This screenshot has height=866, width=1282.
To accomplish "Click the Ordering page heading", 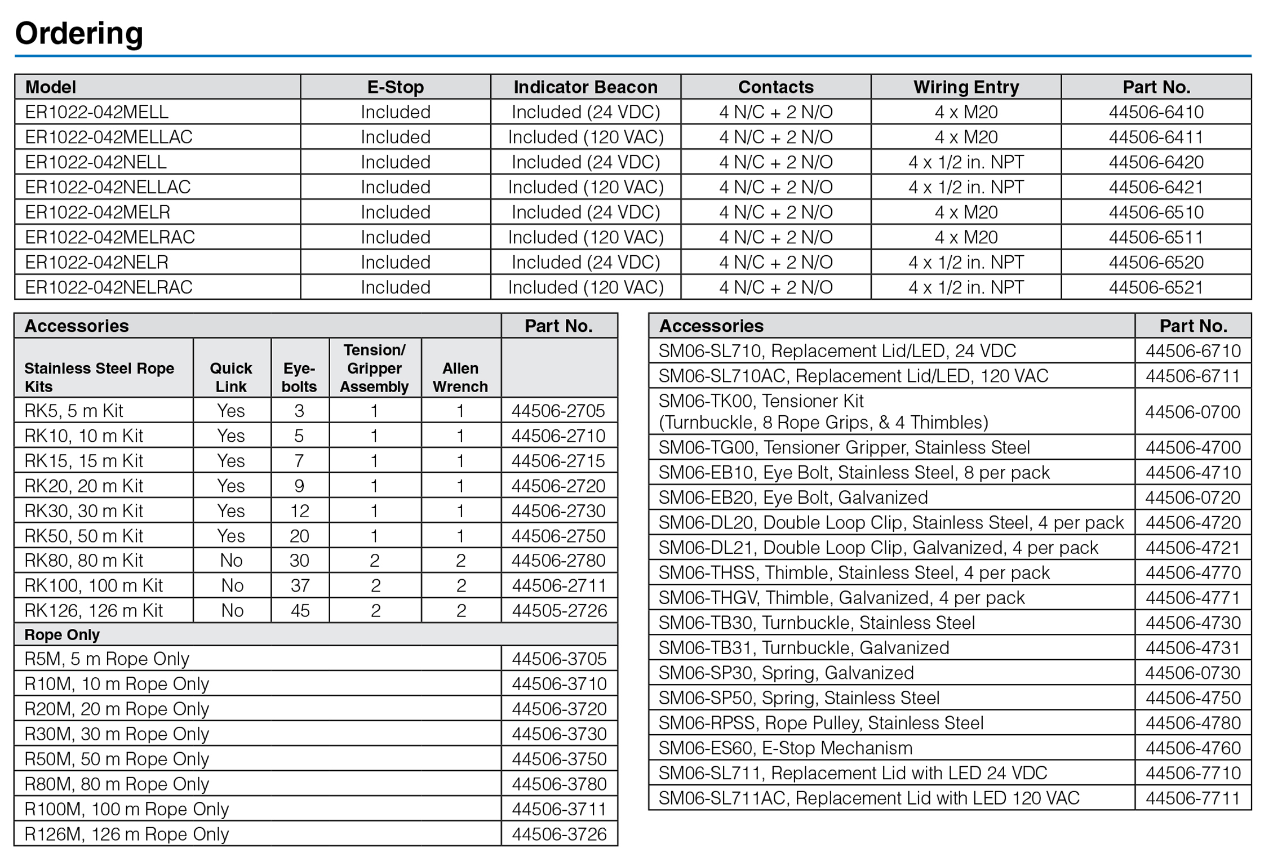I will [x=79, y=33].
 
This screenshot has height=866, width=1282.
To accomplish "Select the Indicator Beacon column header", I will [x=585, y=87].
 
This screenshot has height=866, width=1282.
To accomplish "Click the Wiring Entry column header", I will [x=966, y=87].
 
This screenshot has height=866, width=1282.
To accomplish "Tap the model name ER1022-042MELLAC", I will [x=109, y=137].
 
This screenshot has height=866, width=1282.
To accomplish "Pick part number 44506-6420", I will [x=1156, y=162].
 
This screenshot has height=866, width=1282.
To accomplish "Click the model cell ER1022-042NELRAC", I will [x=109, y=287].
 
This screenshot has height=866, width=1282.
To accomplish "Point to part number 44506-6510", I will [x=1156, y=212].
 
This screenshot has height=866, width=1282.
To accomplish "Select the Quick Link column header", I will [x=231, y=377].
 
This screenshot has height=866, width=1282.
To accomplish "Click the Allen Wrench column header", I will [x=460, y=377].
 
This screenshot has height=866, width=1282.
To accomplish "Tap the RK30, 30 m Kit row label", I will [x=83, y=510].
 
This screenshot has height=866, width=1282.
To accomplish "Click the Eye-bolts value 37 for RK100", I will [x=300, y=585].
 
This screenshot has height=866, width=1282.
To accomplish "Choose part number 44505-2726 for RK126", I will [x=559, y=610].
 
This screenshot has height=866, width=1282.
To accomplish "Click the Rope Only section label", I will [x=62, y=634].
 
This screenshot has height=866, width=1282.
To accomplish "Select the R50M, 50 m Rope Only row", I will [x=117, y=758].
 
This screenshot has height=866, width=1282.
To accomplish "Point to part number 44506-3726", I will [x=559, y=834].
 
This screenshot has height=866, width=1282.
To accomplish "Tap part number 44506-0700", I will [x=1192, y=412].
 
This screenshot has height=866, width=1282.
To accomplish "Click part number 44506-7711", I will [x=1192, y=798].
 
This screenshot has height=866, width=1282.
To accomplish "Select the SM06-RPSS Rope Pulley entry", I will [x=821, y=723].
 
